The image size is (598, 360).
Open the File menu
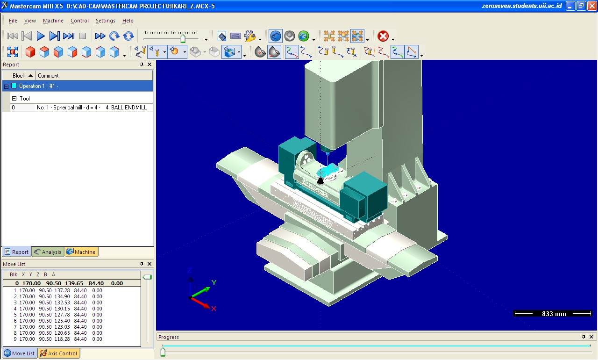tap(13, 21)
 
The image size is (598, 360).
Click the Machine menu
tap(53, 21)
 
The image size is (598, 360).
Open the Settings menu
tap(105, 21)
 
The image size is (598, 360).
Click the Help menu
tap(128, 21)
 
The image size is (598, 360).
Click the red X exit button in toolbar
tap(383, 36)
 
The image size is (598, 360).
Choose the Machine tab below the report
tap(81, 252)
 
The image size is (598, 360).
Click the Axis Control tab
tap(59, 353)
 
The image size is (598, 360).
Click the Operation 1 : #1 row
tap(38, 86)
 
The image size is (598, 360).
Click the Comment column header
tap(48, 76)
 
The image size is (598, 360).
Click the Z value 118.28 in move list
tap(62, 339)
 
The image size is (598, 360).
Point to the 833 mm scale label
tap(554, 314)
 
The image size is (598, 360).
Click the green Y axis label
tap(214, 282)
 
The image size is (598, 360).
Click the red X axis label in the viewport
tap(214, 309)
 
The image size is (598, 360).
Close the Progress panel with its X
tap(591, 337)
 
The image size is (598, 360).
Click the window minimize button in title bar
tap(571, 6)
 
